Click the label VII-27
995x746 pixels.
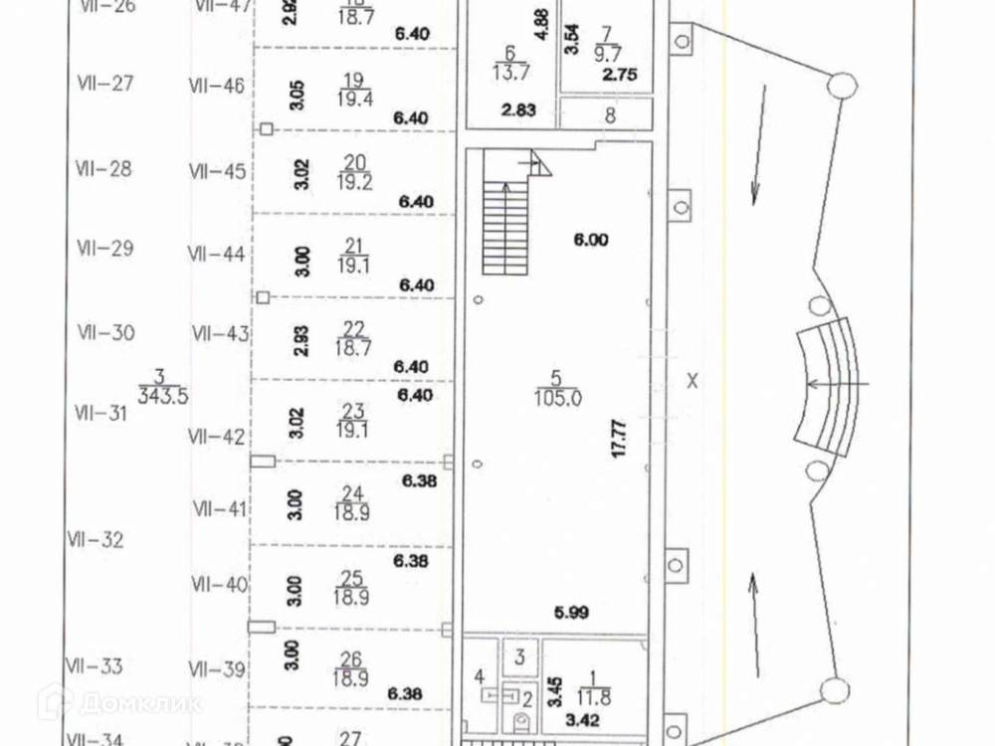point(104,84)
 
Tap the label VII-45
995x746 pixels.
point(217,172)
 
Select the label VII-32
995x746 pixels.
point(96,541)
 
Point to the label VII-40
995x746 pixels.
point(219,584)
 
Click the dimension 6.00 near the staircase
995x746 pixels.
point(590,240)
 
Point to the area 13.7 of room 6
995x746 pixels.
point(509,71)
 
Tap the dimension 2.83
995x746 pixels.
point(520,110)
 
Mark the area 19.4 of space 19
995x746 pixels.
point(355,97)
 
